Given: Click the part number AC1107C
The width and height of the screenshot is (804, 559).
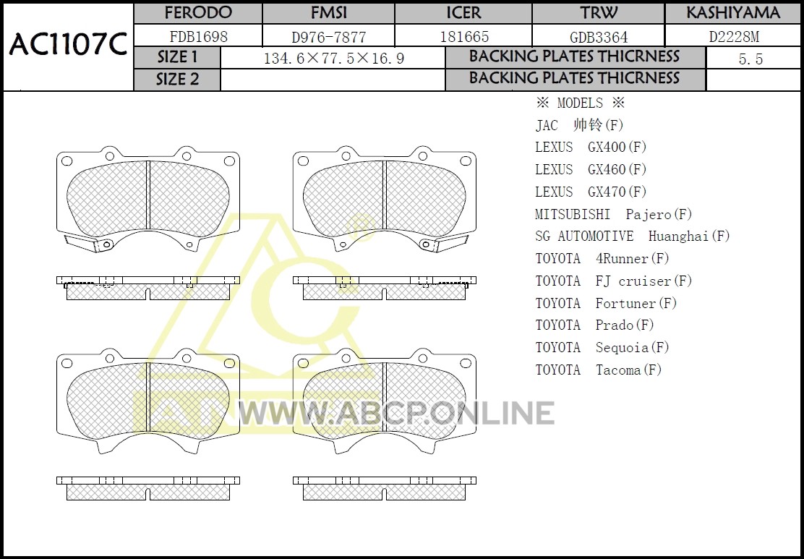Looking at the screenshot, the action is pyautogui.click(x=68, y=45).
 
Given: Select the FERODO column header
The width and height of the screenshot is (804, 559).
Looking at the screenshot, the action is pyautogui.click(x=198, y=13).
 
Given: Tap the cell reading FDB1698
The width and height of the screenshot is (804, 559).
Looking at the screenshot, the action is pyautogui.click(x=198, y=36).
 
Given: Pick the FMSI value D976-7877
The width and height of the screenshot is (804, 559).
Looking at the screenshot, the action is pyautogui.click(x=329, y=37).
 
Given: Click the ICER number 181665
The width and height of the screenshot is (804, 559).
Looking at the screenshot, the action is pyautogui.click(x=465, y=36).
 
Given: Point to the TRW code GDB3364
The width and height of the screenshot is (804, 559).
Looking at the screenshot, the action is pyautogui.click(x=599, y=37).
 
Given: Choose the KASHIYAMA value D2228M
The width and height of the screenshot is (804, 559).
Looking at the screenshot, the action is pyautogui.click(x=734, y=36).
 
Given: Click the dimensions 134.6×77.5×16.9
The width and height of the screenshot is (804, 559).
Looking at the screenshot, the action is pyautogui.click(x=334, y=59).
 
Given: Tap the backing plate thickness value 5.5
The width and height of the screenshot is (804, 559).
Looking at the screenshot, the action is pyautogui.click(x=750, y=59).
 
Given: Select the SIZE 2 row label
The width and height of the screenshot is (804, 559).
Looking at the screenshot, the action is pyautogui.click(x=177, y=80).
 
